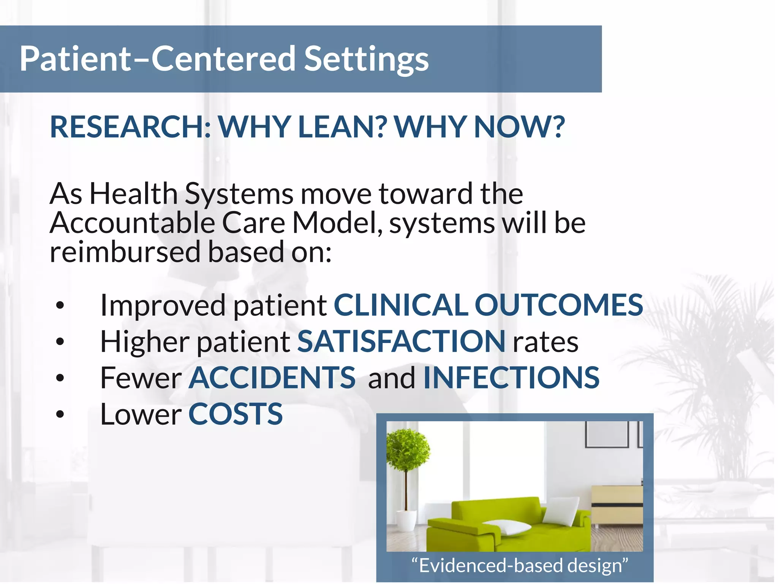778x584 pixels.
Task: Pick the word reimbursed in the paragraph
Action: click(x=125, y=252)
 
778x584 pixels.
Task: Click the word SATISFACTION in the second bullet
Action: click(x=401, y=341)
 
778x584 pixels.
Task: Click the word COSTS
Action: click(x=236, y=414)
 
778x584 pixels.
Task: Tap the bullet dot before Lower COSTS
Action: click(x=60, y=414)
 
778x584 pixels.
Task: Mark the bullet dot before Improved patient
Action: click(x=60, y=306)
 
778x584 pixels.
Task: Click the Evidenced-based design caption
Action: click(x=519, y=565)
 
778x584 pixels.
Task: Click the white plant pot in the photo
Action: click(x=406, y=520)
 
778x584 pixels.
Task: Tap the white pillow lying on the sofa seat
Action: click(x=509, y=528)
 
